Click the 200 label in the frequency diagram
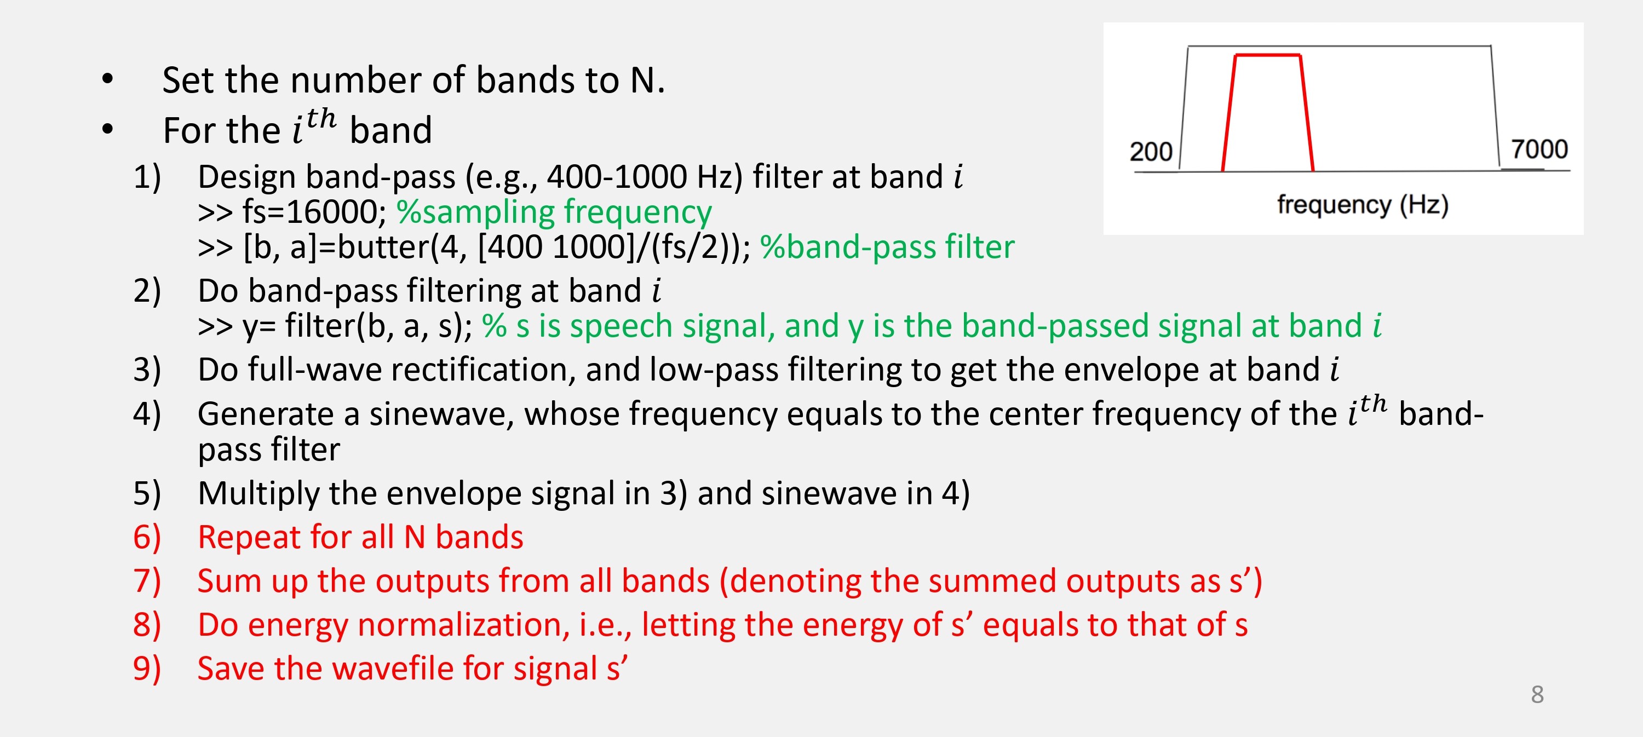(1151, 152)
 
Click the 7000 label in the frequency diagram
(1539, 149)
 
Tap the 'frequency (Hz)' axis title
(1363, 205)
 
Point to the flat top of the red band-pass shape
(1267, 55)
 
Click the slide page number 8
(1537, 694)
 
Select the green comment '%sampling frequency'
(554, 212)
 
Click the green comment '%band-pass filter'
(887, 247)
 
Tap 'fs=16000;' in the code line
(314, 212)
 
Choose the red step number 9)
(147, 669)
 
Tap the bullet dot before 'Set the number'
(108, 79)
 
